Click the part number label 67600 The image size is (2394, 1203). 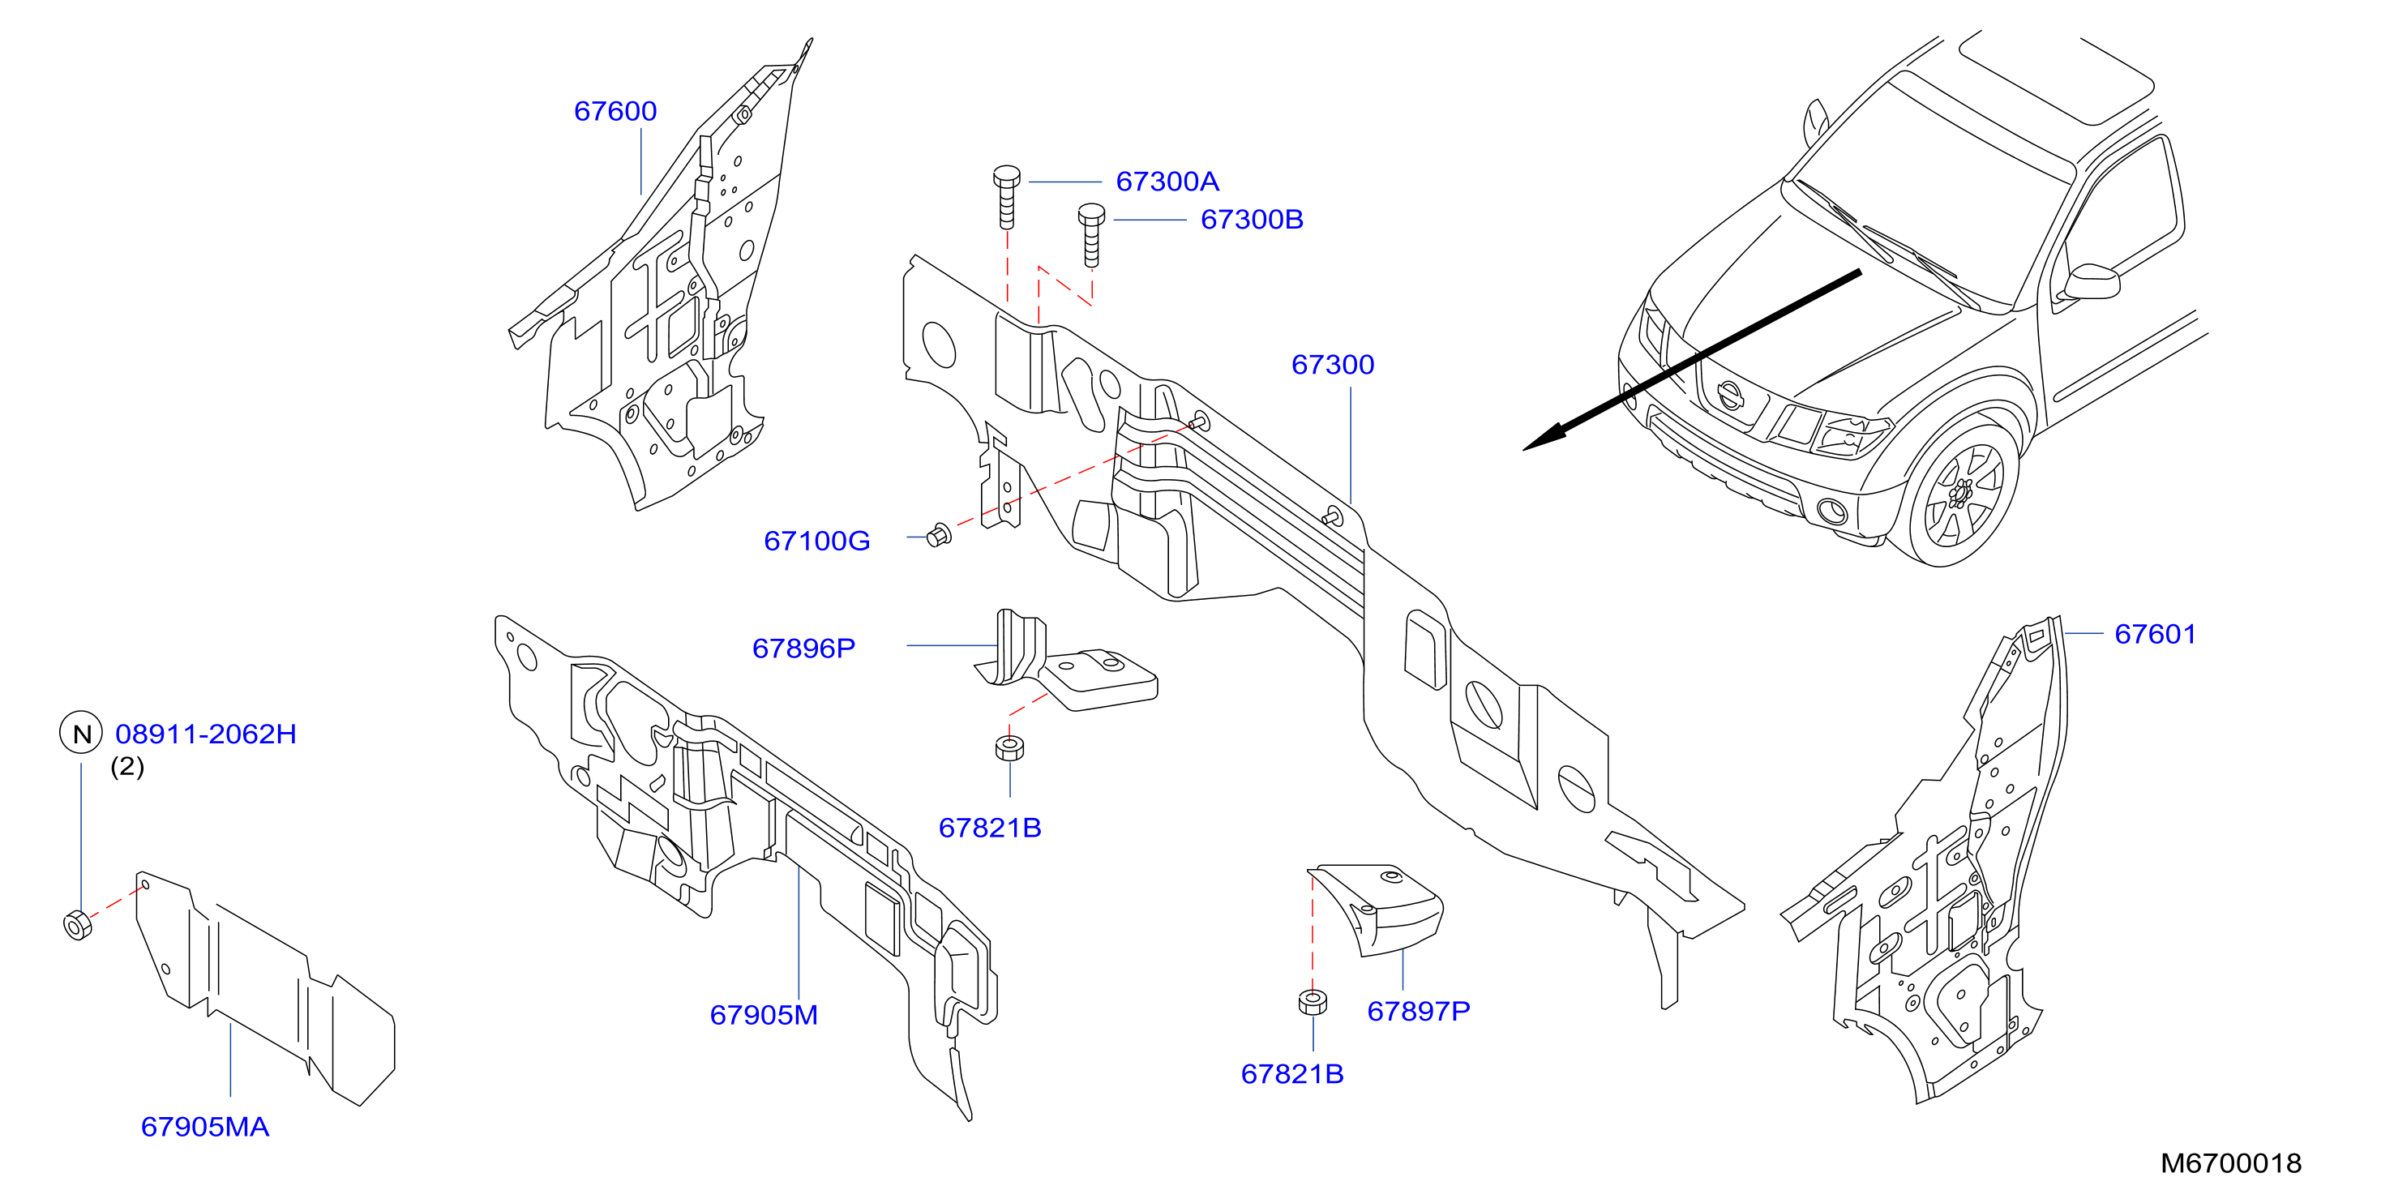pyautogui.click(x=615, y=112)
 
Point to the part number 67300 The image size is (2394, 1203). pyautogui.click(x=1333, y=364)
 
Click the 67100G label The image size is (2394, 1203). pyautogui.click(x=817, y=541)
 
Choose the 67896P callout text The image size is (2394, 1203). pyautogui.click(x=804, y=648)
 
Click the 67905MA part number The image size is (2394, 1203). pyautogui.click(x=204, y=1126)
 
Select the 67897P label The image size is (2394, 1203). pyautogui.click(x=1419, y=1011)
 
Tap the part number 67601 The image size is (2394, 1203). pyautogui.click(x=2155, y=634)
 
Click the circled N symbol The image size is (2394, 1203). pyautogui.click(x=82, y=734)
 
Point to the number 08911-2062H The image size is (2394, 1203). pyautogui.click(x=205, y=734)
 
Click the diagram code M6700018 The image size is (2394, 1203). pyautogui.click(x=2230, y=1163)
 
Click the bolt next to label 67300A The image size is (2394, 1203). pyautogui.click(x=1006, y=197)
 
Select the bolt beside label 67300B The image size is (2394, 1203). pyautogui.click(x=1091, y=235)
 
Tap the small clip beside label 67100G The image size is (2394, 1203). pyautogui.click(x=940, y=535)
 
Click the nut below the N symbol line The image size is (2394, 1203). pyautogui.click(x=78, y=925)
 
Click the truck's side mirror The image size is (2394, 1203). pyautogui.click(x=2089, y=282)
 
